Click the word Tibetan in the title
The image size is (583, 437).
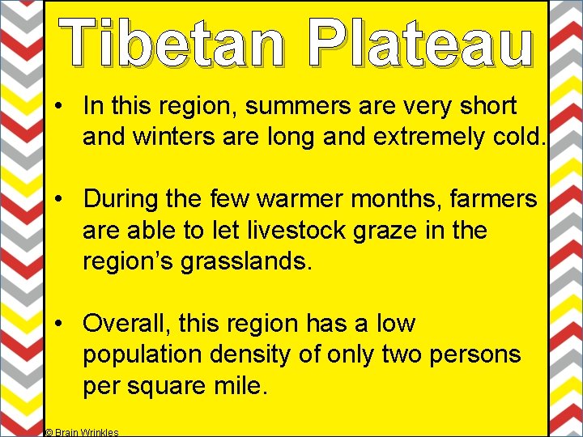coord(172,42)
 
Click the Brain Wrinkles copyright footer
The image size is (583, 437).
coord(82,432)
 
